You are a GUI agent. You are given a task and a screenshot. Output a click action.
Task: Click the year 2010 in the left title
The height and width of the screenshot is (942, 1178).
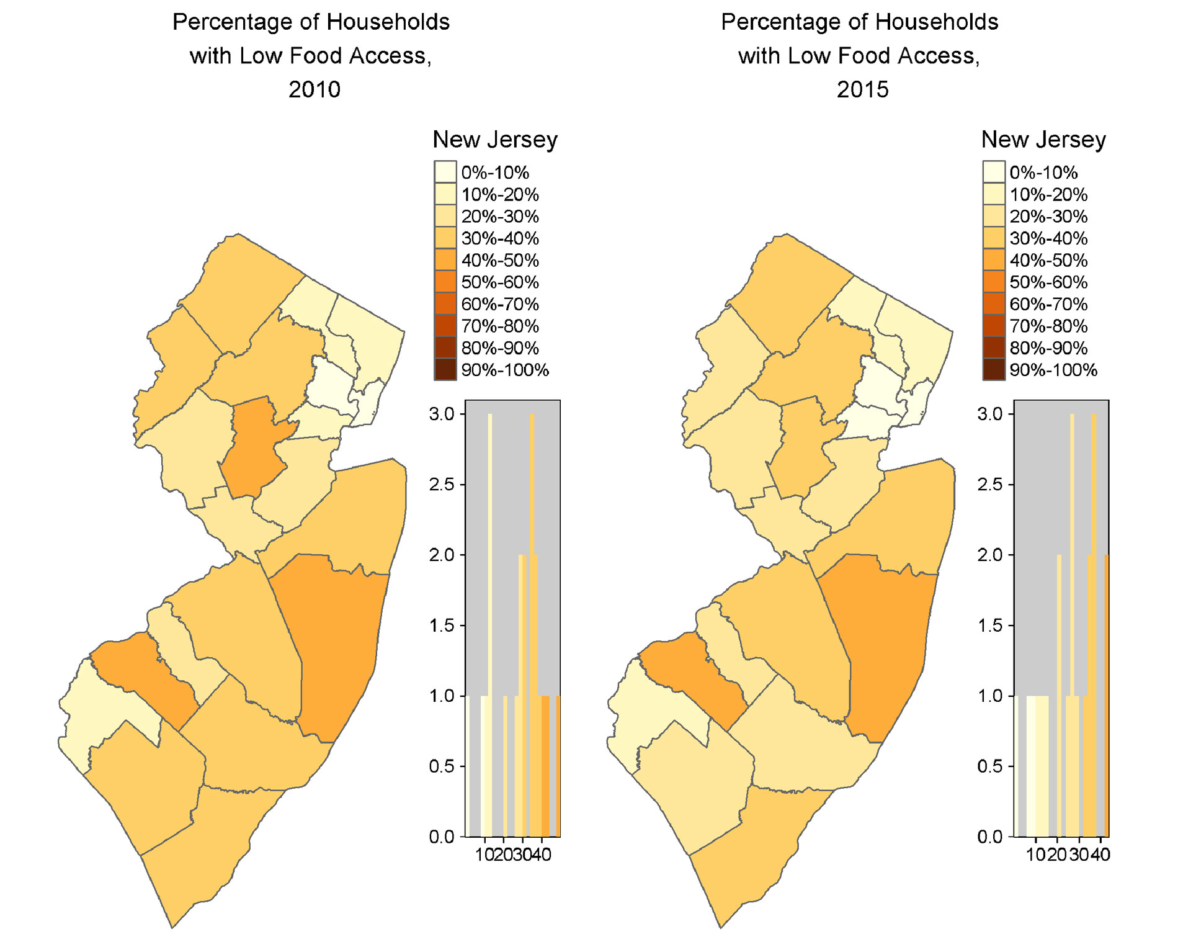[315, 90]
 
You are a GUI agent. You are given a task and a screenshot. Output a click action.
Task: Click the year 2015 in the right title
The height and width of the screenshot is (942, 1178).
[862, 90]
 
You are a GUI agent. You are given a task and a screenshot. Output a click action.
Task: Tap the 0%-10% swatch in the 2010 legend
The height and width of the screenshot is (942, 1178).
[445, 172]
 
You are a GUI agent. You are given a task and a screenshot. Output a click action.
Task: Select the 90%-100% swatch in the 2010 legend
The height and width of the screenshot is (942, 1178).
[445, 370]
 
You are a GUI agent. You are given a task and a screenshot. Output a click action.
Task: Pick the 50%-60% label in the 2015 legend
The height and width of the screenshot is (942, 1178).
[1048, 282]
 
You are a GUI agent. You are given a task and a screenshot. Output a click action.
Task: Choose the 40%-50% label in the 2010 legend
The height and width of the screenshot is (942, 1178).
[500, 261]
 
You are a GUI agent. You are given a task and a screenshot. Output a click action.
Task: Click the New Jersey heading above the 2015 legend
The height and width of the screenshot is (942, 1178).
[1043, 140]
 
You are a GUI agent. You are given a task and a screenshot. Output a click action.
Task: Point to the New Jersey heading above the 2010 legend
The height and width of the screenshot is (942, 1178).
[495, 140]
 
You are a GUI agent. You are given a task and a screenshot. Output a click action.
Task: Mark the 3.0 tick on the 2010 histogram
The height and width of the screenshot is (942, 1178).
[442, 414]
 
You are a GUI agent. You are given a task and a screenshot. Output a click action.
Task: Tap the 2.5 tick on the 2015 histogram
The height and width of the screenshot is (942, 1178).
[990, 485]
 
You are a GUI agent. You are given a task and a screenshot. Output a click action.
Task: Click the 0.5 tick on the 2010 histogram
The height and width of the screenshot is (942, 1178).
[442, 766]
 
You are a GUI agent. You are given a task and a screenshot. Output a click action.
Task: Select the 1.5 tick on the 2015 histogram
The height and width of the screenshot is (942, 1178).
[990, 626]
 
